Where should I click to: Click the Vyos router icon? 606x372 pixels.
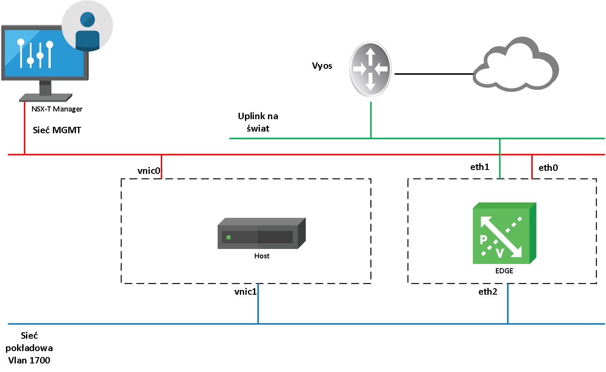(370, 69)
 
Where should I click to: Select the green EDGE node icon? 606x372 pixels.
(504, 234)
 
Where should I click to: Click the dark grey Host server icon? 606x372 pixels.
(261, 234)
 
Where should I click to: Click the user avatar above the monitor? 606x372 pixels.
(87, 26)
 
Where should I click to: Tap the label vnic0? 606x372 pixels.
(149, 171)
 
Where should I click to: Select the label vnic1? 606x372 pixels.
(245, 292)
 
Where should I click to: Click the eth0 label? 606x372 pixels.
(548, 168)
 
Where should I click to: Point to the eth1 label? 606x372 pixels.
(480, 167)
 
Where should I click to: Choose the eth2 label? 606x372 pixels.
(488, 292)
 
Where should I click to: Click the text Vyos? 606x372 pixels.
(322, 66)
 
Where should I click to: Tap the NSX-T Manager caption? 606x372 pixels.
(57, 109)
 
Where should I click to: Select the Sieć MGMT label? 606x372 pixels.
(57, 130)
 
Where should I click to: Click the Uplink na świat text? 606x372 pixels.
(258, 122)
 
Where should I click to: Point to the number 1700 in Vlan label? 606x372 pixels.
(39, 360)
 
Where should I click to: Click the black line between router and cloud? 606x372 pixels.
(433, 74)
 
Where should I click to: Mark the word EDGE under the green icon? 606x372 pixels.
(504, 271)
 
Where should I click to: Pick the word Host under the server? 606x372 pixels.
(262, 256)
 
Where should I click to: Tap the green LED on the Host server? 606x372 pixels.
(229, 237)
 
